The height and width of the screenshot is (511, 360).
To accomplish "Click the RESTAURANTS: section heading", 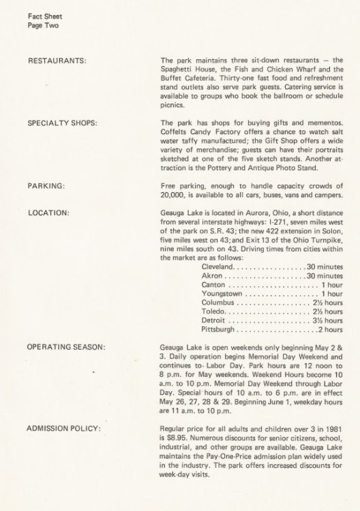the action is (56, 61).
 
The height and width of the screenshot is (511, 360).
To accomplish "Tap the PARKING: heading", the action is (46, 185).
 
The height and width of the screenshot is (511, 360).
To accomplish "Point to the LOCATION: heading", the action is (49, 213).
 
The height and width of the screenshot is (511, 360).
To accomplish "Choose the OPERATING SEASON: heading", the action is (66, 347).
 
